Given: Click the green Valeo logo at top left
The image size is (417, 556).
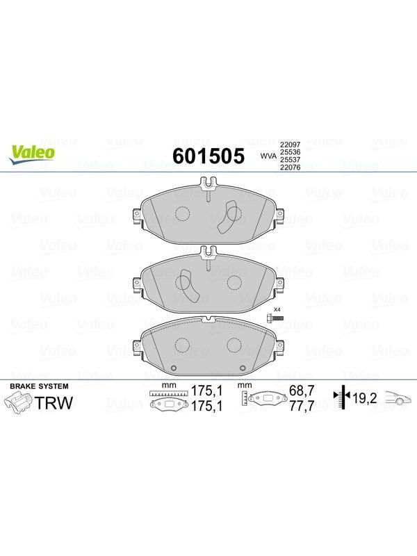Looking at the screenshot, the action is tap(32, 155).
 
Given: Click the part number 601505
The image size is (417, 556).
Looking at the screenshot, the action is tap(208, 156).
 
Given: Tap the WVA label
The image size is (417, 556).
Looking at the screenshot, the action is tap(268, 156).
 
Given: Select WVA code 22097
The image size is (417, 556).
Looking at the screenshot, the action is tap(290, 145).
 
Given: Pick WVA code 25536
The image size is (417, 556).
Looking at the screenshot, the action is tap(290, 152).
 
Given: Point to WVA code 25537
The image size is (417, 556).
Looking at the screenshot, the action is tap(290, 160).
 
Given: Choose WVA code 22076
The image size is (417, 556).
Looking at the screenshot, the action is tap(290, 167).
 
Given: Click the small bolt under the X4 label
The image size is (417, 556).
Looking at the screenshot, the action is tap(275, 318).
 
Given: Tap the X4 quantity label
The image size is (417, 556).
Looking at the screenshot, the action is tap(277, 309).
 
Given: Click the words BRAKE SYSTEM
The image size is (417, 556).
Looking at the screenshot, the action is tap(39, 386).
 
